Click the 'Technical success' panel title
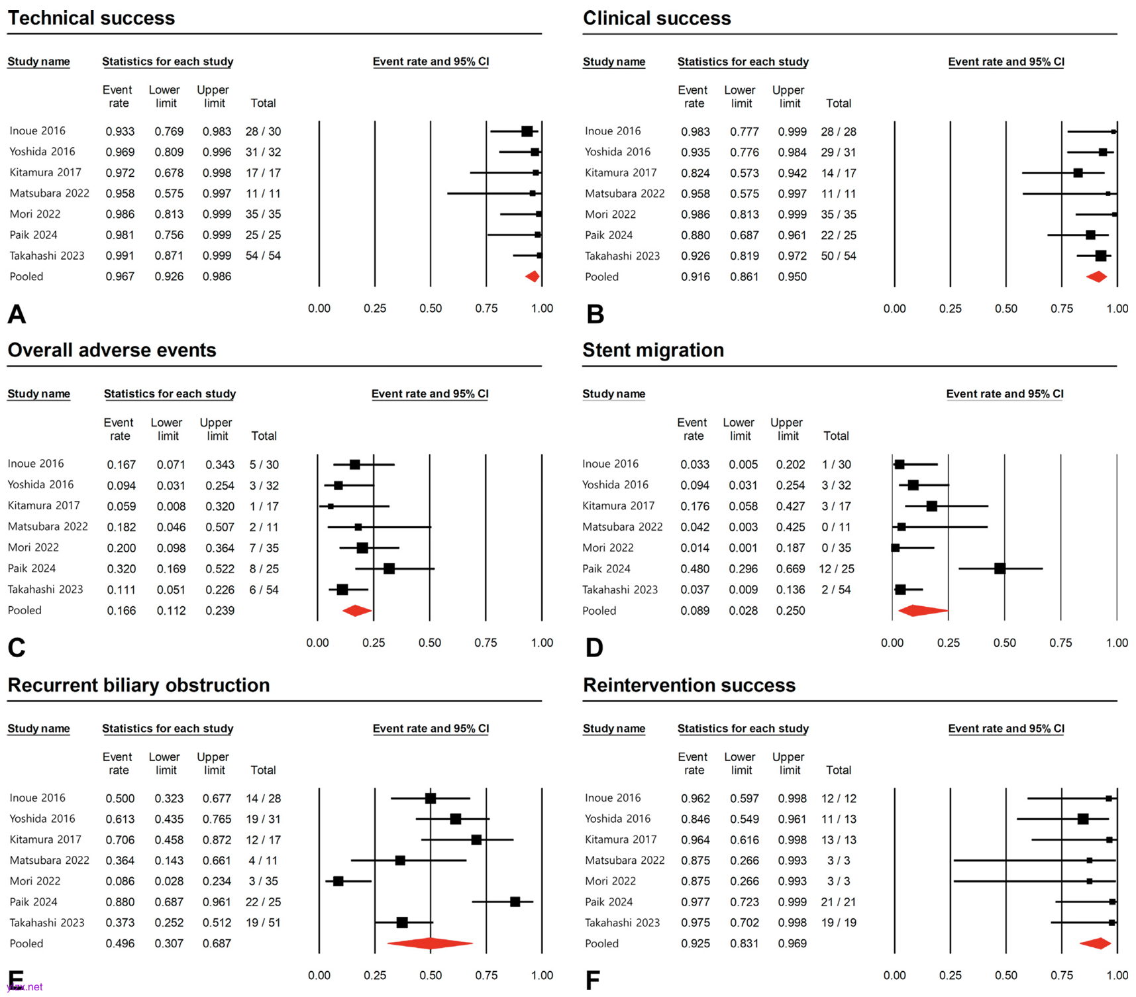coord(91,18)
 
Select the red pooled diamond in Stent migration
coord(923,611)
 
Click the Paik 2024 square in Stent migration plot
coord(1000,568)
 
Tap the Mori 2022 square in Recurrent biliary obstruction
coord(338,881)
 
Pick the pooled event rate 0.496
coord(120,943)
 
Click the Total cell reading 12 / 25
coord(836,568)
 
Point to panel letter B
coord(595,314)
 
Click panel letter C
coord(17,647)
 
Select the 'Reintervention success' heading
coord(689,685)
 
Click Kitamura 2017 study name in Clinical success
coord(621,172)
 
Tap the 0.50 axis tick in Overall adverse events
coord(430,643)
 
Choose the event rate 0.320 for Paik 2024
coord(121,568)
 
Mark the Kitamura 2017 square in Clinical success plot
coord(1078,173)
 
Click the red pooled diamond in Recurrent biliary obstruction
coord(430,943)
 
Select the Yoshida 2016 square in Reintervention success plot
coord(1083,819)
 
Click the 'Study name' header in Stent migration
coord(613,394)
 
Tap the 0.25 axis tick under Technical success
coord(375,309)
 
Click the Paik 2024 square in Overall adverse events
coord(389,568)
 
